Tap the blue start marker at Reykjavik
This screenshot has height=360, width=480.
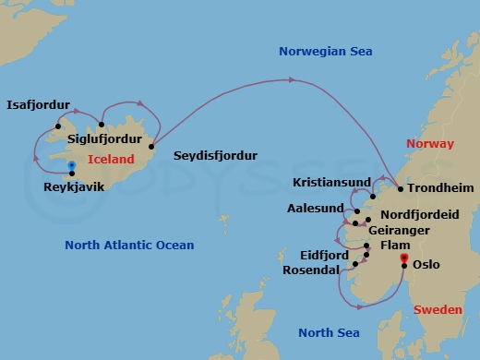[72, 166]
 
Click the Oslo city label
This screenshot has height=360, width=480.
[426, 265]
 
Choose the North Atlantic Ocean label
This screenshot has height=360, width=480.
[129, 245]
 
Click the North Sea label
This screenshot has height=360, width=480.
[330, 332]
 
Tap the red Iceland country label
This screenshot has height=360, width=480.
[111, 159]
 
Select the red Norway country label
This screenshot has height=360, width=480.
[430, 144]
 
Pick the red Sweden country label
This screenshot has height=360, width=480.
[437, 310]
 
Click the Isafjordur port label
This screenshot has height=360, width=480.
[38, 105]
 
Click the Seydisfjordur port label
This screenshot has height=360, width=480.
[215, 155]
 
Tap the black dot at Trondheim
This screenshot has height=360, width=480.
[400, 188]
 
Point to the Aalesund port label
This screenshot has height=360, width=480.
[315, 208]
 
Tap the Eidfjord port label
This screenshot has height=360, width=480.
[325, 254]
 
